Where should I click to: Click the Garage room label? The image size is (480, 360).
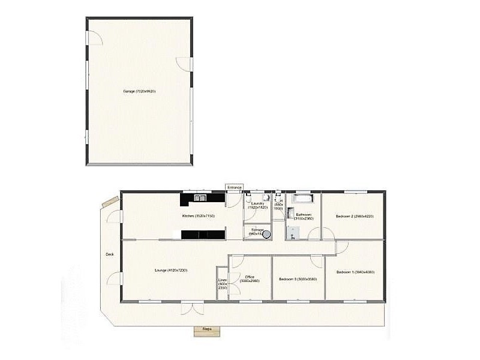139,91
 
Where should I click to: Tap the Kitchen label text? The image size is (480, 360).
199,215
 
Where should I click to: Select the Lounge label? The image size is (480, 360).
170,270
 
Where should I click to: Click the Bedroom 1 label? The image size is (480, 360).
355,272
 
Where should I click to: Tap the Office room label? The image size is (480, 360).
250,279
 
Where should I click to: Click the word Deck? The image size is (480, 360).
110,254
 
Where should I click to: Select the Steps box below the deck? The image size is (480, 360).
206,329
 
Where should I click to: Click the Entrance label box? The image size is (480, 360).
234,187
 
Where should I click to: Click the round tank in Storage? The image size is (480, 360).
266,235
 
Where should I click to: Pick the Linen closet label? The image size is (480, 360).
223,284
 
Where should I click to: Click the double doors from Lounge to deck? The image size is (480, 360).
191,307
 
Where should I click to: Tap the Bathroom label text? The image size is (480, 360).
303,216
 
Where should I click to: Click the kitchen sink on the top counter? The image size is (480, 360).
200,197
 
